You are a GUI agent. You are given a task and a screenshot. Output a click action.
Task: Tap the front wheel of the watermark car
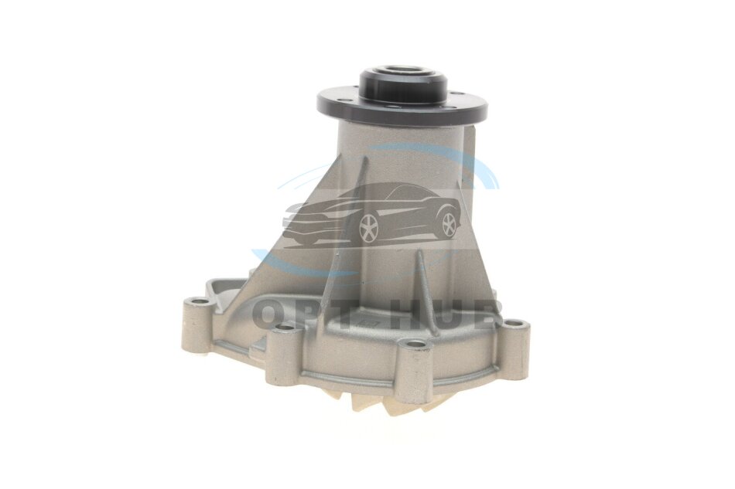tap(368, 229)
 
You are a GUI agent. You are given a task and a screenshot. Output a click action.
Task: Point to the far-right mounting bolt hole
tap(514, 324)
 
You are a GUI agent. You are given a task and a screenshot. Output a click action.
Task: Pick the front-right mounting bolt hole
tap(415, 345)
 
